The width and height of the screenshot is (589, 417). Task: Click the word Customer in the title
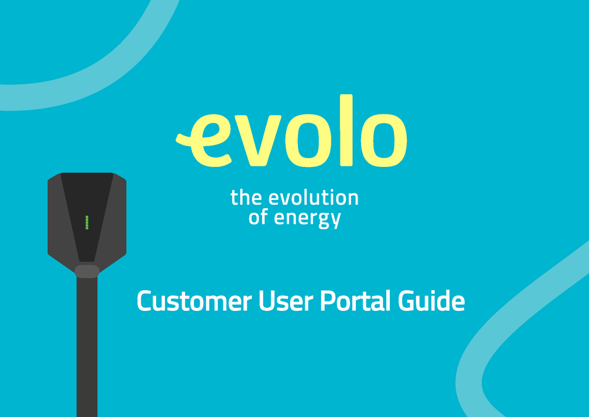[x=194, y=301]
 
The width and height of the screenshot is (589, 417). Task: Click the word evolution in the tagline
[x=312, y=198]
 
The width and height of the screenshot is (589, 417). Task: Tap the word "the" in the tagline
[x=245, y=198]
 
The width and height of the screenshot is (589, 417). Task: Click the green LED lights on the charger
[x=87, y=222]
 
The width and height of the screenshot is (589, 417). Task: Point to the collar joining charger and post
[x=87, y=271]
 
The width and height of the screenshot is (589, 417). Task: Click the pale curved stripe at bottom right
[x=501, y=330]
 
